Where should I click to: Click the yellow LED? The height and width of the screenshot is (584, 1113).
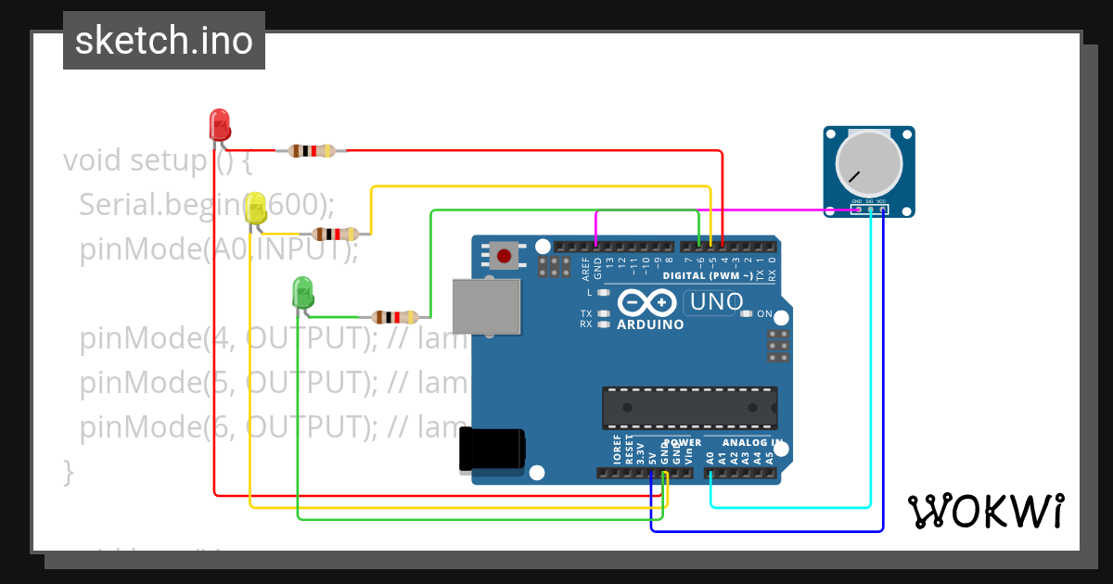255,208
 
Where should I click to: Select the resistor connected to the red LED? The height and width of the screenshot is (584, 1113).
312,150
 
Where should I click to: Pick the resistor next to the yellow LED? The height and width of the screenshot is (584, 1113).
336,234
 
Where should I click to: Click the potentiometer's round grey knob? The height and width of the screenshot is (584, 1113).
868,162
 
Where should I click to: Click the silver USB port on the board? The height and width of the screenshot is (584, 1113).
487,305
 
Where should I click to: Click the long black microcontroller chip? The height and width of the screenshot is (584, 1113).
689,404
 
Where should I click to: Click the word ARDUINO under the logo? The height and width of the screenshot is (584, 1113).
650,325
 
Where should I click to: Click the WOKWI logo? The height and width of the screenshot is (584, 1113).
985,511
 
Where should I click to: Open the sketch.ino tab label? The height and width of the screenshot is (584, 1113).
164,41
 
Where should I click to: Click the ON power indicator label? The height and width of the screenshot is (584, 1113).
765,314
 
